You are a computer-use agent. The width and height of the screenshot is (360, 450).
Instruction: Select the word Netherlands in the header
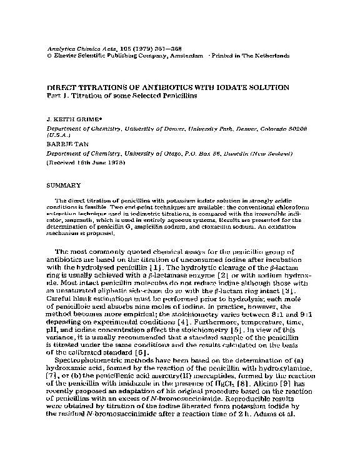270,56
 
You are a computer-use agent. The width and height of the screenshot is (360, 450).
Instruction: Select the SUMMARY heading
64,185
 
